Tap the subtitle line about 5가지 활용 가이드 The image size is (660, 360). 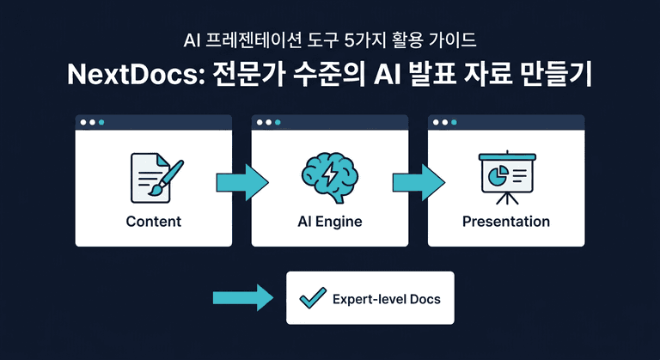(x=330, y=40)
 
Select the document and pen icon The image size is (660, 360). (x=153, y=176)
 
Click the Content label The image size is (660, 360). (x=153, y=222)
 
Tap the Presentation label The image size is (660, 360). (x=505, y=222)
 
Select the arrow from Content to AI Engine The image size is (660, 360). (x=242, y=182)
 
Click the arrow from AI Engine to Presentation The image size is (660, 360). (x=419, y=182)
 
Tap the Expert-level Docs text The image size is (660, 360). (x=386, y=299)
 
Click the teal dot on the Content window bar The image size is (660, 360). (x=101, y=122)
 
